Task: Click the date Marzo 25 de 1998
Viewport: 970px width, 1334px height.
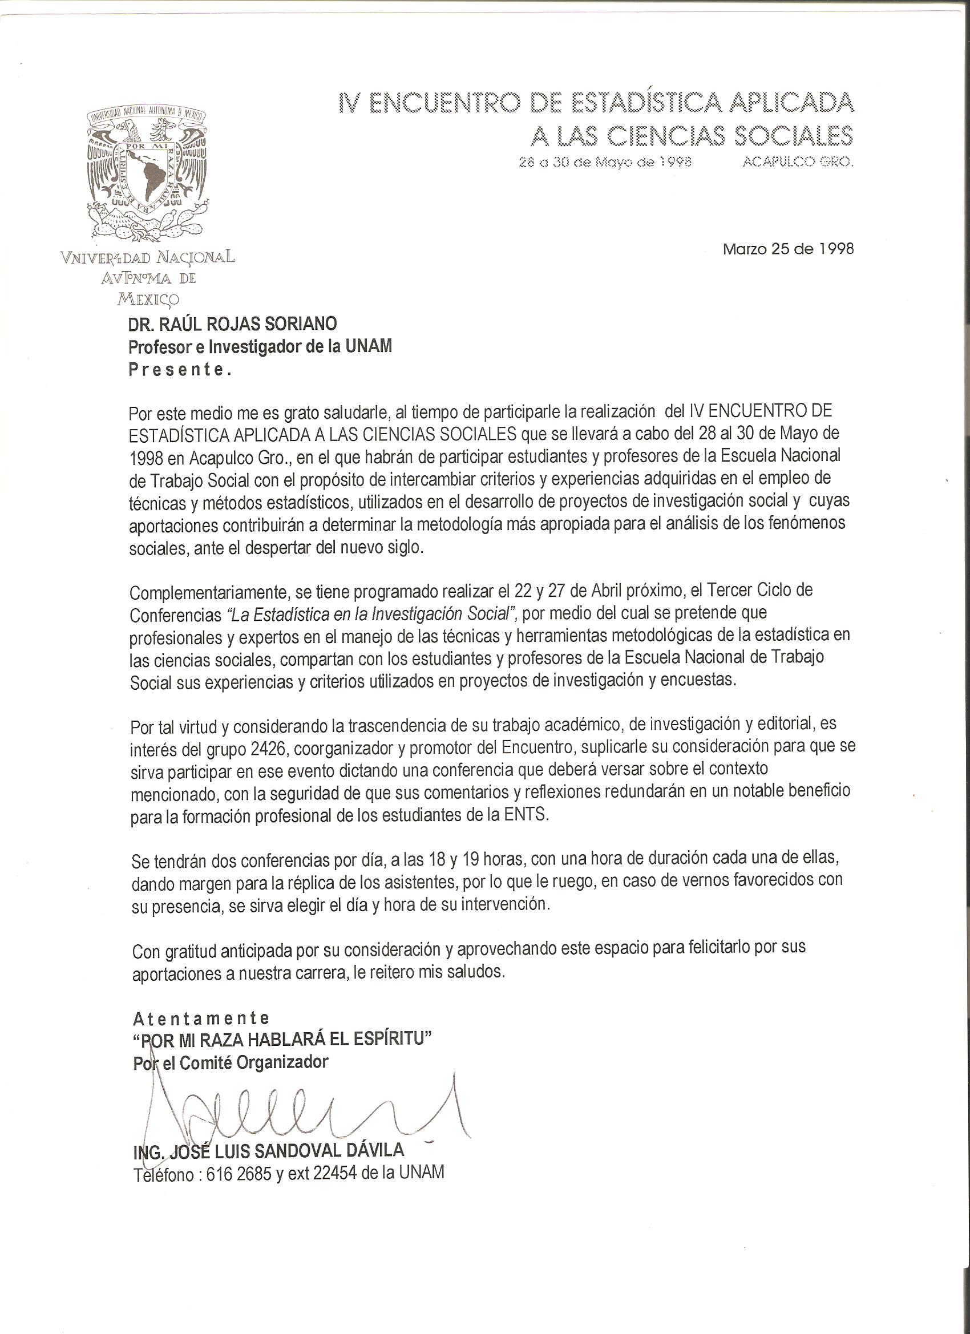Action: coord(787,249)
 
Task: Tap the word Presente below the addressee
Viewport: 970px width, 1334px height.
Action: coord(180,370)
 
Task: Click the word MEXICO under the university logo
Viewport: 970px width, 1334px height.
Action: coord(148,300)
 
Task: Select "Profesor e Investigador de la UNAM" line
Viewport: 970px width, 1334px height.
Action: coord(260,347)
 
